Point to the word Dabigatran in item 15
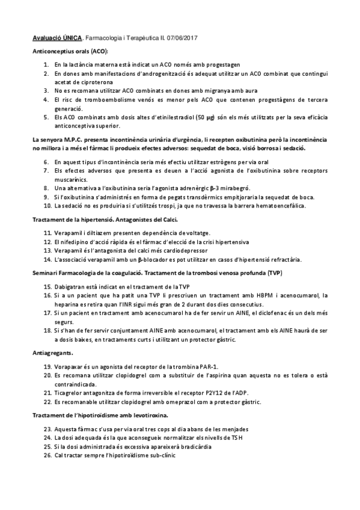[x=70, y=286]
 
